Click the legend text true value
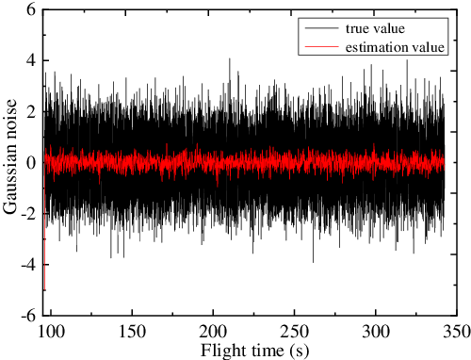378,29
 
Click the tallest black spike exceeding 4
229,59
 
